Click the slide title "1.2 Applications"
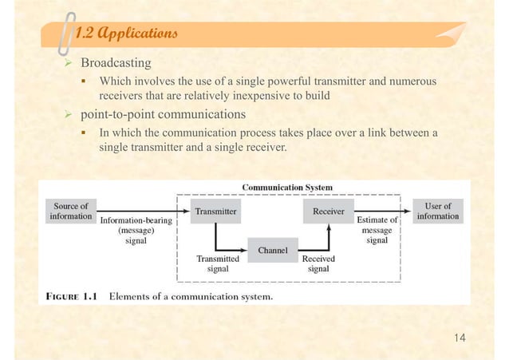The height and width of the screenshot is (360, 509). coord(120,34)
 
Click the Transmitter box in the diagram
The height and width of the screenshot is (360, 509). coord(215,212)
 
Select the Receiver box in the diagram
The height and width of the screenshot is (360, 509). coord(328,212)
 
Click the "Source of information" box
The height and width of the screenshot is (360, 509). coord(69,211)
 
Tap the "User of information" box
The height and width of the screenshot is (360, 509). coord(437,211)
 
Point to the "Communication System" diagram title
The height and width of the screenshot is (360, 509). coord(287,188)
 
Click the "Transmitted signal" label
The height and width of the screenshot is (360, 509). coord(218,264)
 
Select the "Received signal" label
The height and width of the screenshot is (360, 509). coord(318,264)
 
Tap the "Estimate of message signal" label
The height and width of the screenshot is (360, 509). coord(377,230)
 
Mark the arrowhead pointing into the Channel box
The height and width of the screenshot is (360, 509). coord(243,248)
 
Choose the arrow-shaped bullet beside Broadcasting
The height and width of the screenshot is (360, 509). coord(68,62)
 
